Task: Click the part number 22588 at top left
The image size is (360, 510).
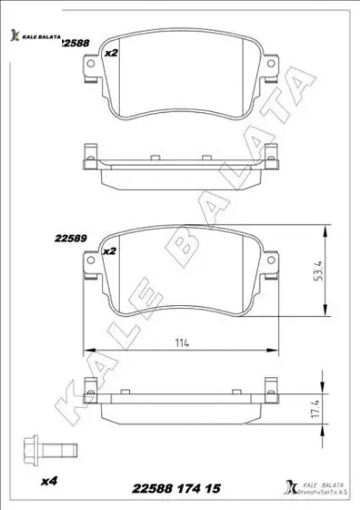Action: tap(74, 44)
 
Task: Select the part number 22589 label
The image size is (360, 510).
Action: tap(70, 237)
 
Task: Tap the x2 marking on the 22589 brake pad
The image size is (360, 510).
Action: tap(108, 250)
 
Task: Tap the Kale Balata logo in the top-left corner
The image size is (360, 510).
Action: tap(32, 35)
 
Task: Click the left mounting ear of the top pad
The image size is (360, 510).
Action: tap(91, 67)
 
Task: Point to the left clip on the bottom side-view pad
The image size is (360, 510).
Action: tap(90, 387)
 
